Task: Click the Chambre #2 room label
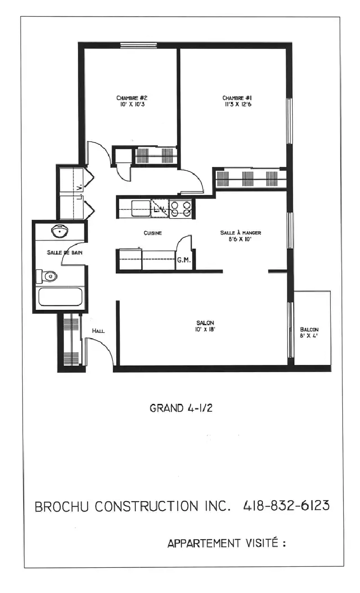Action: [132, 97]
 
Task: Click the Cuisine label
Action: [152, 233]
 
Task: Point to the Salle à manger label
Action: [241, 233]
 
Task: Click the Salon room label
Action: [205, 323]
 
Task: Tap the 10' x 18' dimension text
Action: [205, 330]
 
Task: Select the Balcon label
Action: [309, 330]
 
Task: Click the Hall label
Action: [98, 331]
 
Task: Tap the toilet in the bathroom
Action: [48, 276]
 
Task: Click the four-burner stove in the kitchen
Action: [181, 209]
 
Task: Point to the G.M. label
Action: [183, 261]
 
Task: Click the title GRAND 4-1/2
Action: [181, 408]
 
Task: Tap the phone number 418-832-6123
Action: [286, 506]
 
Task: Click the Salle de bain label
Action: [65, 253]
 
